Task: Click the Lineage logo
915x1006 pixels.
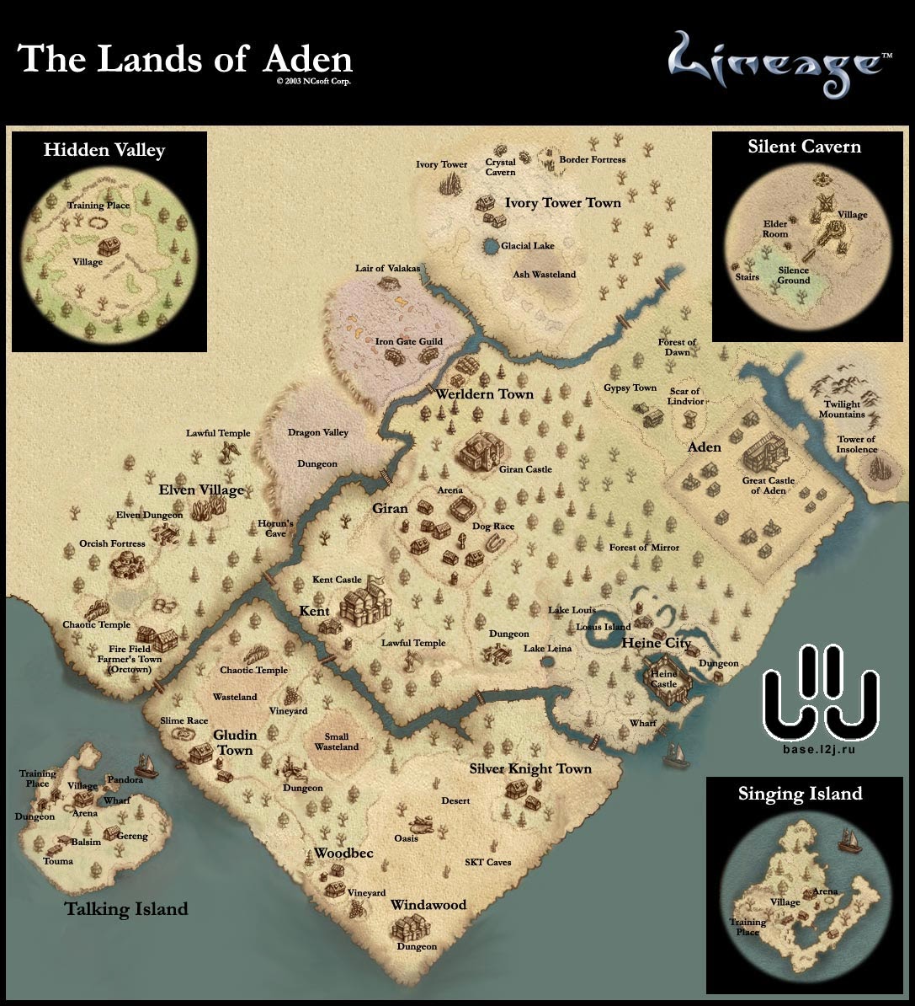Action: click(x=774, y=66)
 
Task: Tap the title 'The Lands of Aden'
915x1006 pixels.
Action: click(x=185, y=59)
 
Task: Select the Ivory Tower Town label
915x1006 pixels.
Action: click(x=562, y=202)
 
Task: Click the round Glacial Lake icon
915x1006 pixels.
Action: click(x=491, y=247)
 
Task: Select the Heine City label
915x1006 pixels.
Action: click(x=657, y=643)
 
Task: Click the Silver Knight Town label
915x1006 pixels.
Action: click(x=530, y=768)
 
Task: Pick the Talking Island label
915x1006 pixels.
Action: click(x=126, y=909)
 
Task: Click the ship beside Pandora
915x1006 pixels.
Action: click(x=146, y=764)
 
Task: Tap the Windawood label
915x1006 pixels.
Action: click(x=428, y=905)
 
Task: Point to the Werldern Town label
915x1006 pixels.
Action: click(x=484, y=393)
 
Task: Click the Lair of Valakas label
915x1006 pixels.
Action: click(x=387, y=268)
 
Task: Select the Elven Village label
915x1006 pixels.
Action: click(x=201, y=490)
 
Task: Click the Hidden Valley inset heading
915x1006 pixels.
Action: click(x=104, y=150)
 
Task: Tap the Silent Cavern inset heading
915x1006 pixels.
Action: click(x=804, y=147)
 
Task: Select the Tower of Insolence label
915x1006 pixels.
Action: click(x=856, y=444)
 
